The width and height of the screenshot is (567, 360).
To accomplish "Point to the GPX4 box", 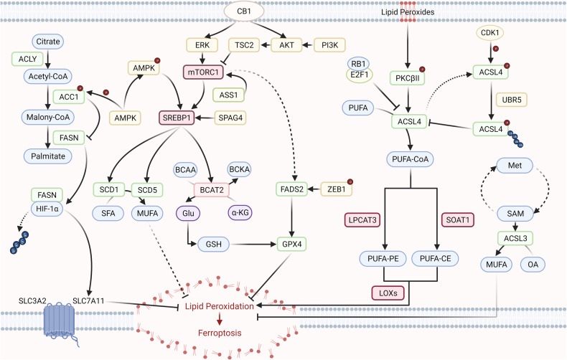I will point(292,242).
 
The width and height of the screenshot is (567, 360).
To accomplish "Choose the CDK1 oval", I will point(495,33).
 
